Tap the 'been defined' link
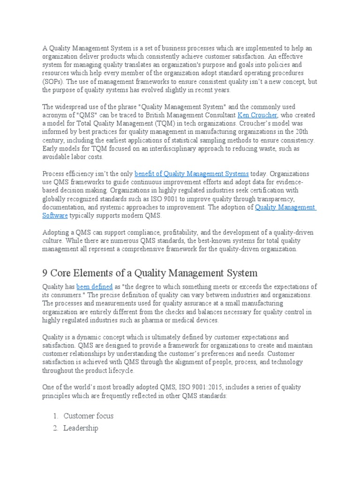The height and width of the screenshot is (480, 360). [95, 287]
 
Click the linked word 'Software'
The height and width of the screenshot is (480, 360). [55, 216]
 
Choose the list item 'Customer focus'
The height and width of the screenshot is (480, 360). [88, 416]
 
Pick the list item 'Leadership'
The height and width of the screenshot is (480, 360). [81, 428]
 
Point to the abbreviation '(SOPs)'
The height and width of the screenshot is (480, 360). [56, 82]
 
